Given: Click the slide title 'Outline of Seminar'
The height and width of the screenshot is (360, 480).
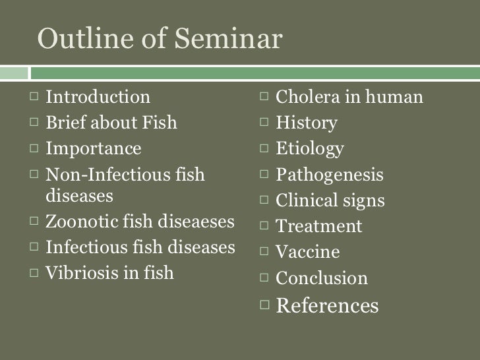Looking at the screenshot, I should (160, 39).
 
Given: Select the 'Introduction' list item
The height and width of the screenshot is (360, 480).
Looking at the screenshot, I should (98, 98).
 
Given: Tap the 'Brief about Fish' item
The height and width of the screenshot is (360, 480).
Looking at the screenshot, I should (111, 123).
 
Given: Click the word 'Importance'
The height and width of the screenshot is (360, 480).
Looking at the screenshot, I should (93, 148).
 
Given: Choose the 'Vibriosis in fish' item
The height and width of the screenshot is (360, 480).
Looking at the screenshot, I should (109, 273).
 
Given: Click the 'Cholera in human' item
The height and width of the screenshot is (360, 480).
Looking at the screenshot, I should (349, 98).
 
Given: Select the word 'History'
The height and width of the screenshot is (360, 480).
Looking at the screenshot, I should (306, 123).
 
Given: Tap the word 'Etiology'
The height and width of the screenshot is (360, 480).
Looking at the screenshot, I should (309, 149).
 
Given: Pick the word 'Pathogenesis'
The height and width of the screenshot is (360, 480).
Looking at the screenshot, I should (329, 175).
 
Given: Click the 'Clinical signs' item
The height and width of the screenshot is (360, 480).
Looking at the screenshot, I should (330, 200).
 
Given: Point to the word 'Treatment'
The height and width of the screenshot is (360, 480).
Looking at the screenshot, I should (318, 227).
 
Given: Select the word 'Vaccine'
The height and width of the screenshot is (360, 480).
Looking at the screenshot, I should (307, 252).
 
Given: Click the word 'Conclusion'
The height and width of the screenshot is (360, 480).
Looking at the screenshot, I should (321, 278).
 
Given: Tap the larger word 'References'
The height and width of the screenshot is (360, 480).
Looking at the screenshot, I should (327, 306).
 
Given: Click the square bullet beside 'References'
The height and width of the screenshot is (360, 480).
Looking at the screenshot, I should (265, 305).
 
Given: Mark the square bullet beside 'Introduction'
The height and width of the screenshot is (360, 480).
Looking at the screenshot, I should (35, 98).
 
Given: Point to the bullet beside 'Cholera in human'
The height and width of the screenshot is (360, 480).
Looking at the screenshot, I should (265, 98).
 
